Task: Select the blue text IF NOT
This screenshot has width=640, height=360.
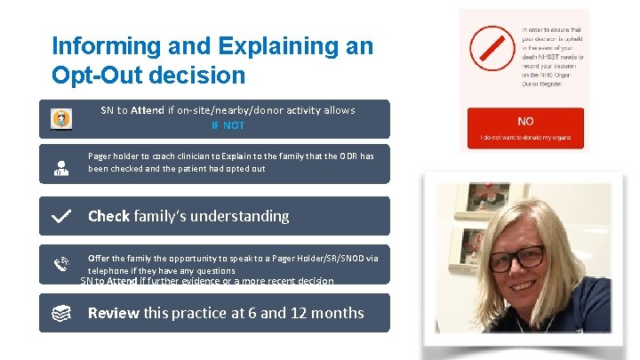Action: coord(228,125)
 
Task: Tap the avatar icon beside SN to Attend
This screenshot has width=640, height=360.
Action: coord(61,118)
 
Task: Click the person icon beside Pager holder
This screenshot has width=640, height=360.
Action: coord(61,167)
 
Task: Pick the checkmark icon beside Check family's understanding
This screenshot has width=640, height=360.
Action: coord(61,216)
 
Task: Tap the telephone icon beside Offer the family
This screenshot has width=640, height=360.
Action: coord(61,264)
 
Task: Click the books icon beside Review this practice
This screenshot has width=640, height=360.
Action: coord(61,313)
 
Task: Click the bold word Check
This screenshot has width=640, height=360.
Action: coord(108,216)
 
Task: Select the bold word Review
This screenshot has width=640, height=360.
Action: coord(113,313)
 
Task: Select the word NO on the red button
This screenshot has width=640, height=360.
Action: coord(525,122)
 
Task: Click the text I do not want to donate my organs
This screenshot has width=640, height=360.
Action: coord(525,139)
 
